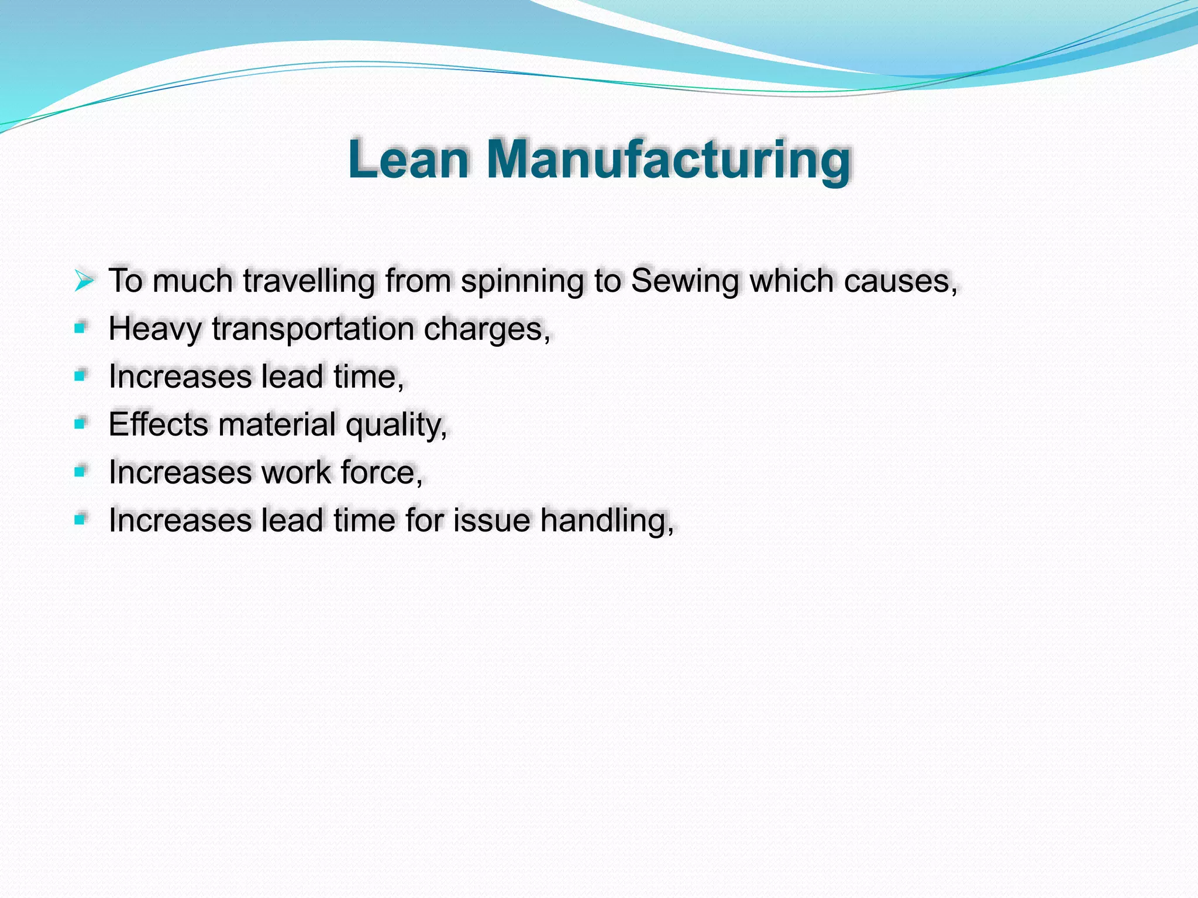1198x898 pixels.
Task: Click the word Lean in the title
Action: click(x=408, y=160)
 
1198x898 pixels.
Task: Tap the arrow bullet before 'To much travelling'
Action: click(x=84, y=281)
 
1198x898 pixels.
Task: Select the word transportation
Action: click(x=314, y=329)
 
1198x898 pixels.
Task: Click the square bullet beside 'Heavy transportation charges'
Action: click(x=80, y=328)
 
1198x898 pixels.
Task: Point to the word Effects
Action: click(x=158, y=424)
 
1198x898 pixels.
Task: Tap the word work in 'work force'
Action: click(x=296, y=472)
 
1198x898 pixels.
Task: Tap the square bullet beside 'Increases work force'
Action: click(x=80, y=471)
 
